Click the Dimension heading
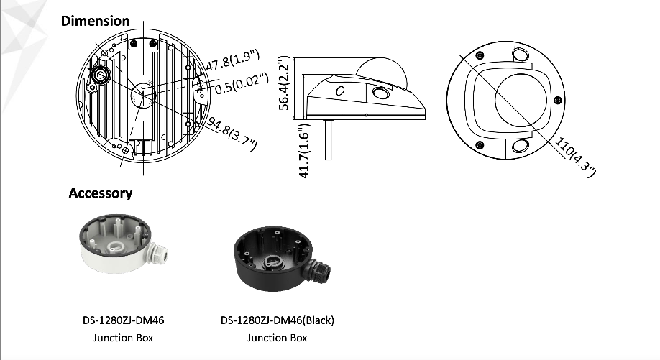[95, 21]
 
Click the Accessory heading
[101, 193]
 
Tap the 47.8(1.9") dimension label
[232, 60]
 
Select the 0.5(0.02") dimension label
[242, 83]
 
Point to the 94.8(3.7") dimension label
[232, 134]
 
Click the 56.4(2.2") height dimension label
[285, 83]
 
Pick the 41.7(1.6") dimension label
[304, 151]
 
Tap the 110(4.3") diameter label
[575, 157]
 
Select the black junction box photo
[282, 258]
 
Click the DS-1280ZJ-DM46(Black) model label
[278, 320]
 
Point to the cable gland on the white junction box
[158, 254]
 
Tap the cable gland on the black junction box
[319, 272]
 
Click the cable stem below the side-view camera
[329, 139]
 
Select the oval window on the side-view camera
[381, 93]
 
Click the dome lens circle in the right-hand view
[521, 101]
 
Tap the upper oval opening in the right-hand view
[521, 55]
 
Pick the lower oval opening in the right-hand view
[521, 147]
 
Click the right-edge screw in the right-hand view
[558, 100]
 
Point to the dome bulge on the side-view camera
[382, 71]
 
